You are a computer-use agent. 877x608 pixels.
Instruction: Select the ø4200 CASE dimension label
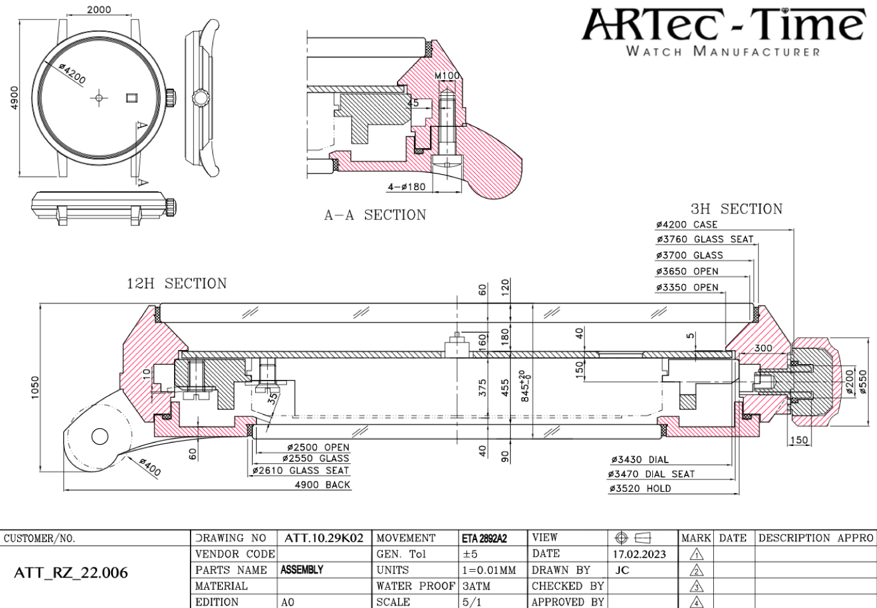point(686,224)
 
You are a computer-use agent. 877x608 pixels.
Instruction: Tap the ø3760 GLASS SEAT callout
point(704,240)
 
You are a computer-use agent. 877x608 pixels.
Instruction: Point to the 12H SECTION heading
point(177,284)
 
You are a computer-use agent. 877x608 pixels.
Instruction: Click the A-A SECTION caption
point(375,215)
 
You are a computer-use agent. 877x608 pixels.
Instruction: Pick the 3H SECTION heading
point(736,209)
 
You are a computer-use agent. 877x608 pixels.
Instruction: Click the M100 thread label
point(447,76)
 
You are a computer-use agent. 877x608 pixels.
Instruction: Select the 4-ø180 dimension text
point(406,187)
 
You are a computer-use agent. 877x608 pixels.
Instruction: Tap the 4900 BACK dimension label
point(323,485)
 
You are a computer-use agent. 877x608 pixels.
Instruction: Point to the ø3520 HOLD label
point(639,489)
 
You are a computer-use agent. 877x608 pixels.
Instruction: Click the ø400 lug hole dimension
point(150,467)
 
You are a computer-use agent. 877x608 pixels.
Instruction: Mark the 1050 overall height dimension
point(36,388)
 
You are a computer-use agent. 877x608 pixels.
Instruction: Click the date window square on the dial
point(132,97)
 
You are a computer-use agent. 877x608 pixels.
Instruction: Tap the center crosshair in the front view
point(98,98)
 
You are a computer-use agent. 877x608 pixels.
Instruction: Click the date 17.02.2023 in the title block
point(639,554)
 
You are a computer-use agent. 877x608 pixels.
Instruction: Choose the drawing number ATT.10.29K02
point(324,538)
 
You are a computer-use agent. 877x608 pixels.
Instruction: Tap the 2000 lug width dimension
point(98,10)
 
